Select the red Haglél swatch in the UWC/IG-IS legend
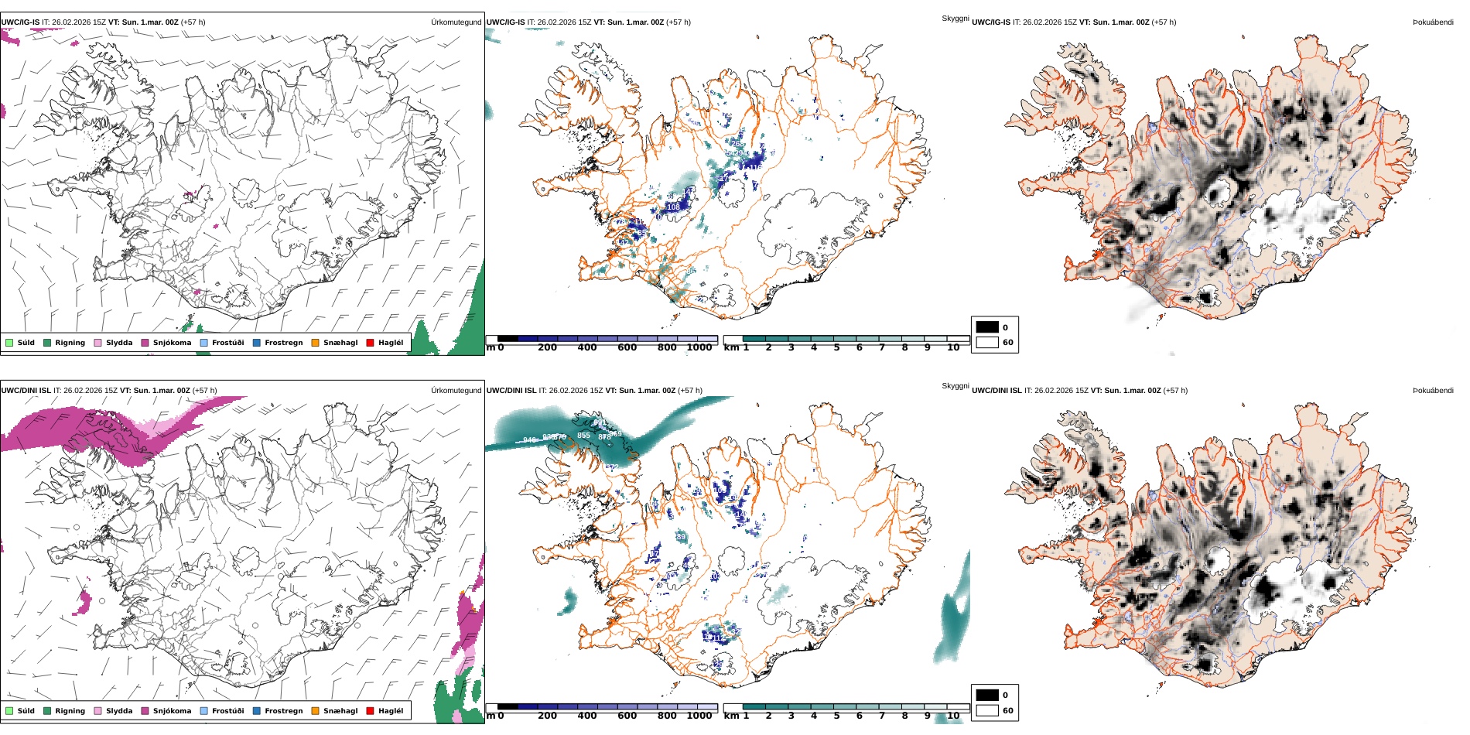tap(370, 343)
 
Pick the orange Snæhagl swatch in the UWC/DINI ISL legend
tap(315, 711)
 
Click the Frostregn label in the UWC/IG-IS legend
tap(283, 343)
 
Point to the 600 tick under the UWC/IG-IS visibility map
tap(627, 347)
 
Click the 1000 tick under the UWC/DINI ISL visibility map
tap(699, 716)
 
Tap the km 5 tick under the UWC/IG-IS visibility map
tap(836, 347)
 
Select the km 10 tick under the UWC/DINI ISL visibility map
tap(953, 716)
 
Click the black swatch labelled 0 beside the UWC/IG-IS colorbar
tap(987, 327)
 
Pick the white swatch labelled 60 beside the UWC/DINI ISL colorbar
tap(987, 710)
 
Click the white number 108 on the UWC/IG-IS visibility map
tap(673, 207)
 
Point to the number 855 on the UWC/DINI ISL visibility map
tap(583, 436)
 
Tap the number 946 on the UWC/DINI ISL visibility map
tap(530, 440)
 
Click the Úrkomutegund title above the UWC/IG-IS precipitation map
tap(456, 22)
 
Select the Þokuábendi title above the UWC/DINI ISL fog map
tap(1433, 391)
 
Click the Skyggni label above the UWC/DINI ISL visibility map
tap(955, 386)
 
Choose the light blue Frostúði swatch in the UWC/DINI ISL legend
tap(204, 711)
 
